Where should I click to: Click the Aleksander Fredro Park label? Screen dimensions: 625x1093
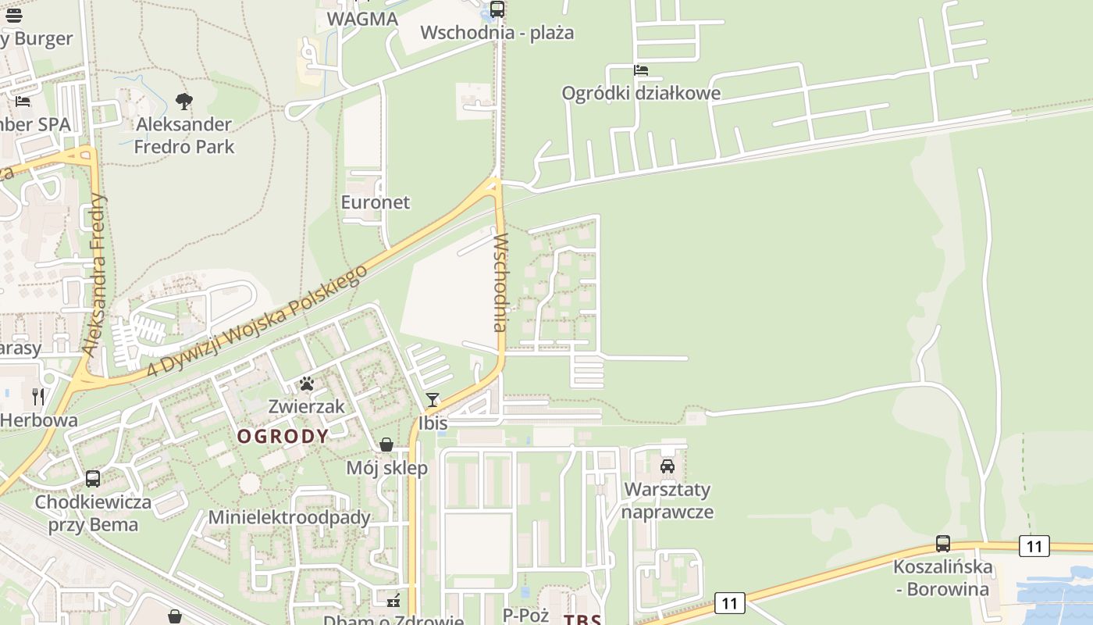184,135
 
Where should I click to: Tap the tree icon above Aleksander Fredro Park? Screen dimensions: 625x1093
184,101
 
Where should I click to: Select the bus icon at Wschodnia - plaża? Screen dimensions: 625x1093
497,9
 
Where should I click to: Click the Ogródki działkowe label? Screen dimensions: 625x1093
641,93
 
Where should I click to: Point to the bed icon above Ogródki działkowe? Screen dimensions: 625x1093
641,70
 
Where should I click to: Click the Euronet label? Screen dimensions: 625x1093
376,202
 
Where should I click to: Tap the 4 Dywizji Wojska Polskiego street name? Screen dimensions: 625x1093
258,320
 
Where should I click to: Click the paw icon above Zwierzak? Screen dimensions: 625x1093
307,384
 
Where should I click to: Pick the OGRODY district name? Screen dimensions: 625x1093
283,436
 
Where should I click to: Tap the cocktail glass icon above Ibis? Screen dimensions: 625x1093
433,400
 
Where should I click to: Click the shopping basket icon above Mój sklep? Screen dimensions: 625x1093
386,445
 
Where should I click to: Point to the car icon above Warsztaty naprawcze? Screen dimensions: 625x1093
668,466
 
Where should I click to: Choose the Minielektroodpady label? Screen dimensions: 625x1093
289,517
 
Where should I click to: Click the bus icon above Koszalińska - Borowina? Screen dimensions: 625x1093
943,543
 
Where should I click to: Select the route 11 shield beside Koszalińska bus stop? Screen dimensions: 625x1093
1034,546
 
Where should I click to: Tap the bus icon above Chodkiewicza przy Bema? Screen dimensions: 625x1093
93,478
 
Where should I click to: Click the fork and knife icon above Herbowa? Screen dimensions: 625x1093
38,397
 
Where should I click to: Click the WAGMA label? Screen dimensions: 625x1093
362,19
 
